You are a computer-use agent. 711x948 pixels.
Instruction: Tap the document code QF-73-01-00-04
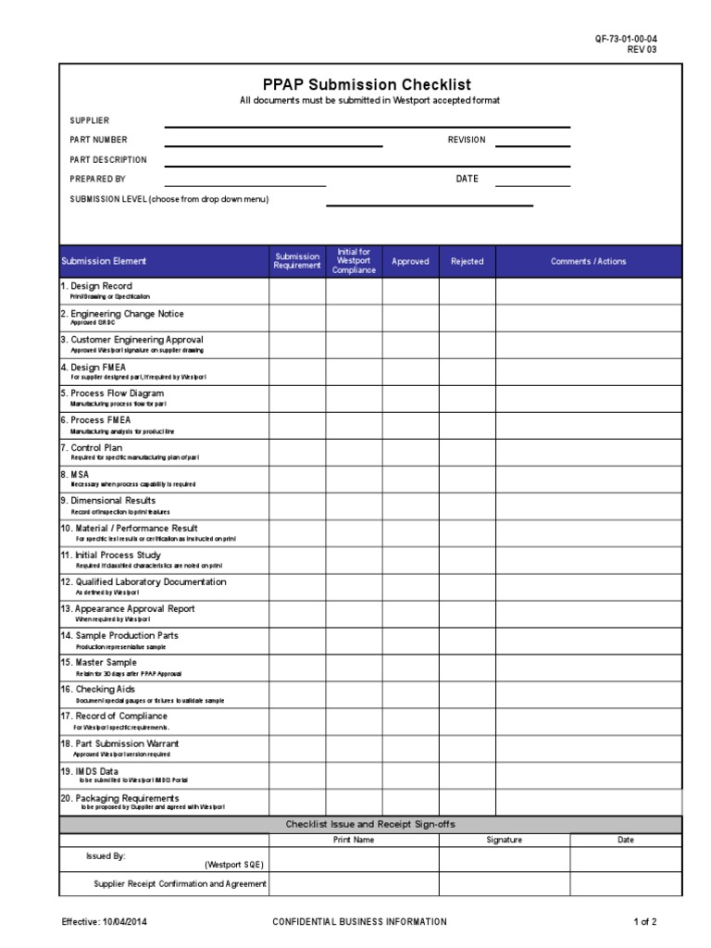point(627,38)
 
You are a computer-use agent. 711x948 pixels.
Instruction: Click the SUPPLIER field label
point(90,120)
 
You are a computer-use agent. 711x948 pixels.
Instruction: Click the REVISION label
point(467,140)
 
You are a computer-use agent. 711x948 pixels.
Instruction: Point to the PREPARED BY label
point(98,179)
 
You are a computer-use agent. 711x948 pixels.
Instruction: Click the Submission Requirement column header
point(297,261)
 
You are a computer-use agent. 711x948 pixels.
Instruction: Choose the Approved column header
point(410,261)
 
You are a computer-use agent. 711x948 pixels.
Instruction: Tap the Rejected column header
point(467,261)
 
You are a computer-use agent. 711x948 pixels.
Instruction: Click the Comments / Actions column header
point(588,261)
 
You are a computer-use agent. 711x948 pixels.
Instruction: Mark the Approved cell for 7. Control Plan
point(410,452)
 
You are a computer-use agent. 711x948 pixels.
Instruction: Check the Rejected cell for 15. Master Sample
point(467,667)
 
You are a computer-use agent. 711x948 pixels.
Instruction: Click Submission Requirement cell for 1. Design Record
point(297,291)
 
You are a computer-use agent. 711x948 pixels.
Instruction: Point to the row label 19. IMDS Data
point(90,770)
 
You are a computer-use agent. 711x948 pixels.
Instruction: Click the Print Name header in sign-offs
point(354,840)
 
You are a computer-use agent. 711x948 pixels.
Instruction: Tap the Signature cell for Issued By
point(504,859)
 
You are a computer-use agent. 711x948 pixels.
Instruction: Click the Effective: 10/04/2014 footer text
point(105,922)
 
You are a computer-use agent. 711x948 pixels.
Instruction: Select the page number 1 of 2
point(644,922)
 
